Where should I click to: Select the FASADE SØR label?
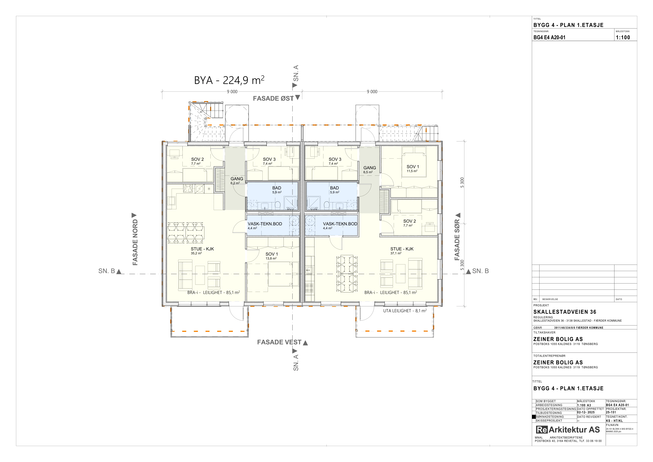point(457,240)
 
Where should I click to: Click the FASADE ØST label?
point(273,98)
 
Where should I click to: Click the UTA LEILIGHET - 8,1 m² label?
point(405,311)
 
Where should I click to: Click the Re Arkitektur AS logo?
point(568,430)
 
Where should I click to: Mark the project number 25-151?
point(611,412)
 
